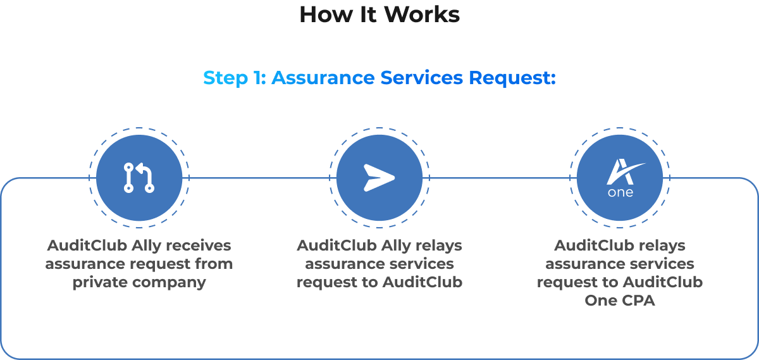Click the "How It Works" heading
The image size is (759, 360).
379,14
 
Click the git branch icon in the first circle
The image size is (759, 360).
139,178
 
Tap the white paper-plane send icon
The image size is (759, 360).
379,178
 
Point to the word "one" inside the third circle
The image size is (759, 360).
620,192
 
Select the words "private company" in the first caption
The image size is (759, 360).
139,282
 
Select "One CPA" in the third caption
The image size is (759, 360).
620,301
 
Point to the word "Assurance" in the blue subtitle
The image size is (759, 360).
323,78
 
